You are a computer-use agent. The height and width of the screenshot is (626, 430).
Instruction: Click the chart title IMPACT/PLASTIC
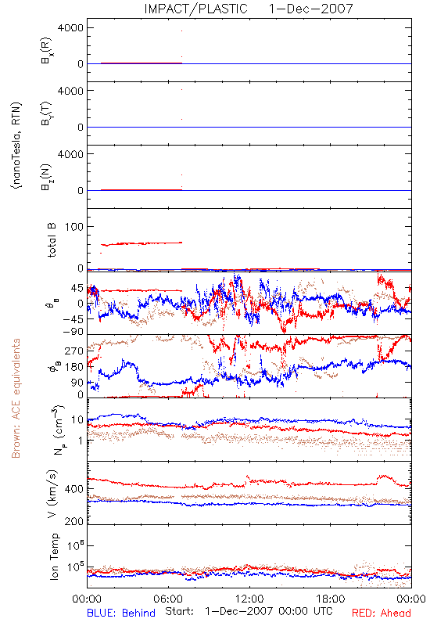tap(196, 9)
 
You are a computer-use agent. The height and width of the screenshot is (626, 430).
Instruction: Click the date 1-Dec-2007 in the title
tap(311, 9)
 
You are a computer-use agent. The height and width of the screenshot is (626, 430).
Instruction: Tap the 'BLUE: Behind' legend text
tap(121, 613)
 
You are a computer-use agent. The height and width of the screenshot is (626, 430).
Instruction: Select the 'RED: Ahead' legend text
tap(382, 613)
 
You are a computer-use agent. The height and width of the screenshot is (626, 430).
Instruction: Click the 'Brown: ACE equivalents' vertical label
tap(16, 398)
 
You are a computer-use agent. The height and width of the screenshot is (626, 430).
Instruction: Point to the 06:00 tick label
tap(168, 599)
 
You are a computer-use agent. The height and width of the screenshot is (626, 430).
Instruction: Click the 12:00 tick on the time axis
tap(249, 599)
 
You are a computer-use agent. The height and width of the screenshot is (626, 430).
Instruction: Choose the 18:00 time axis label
tap(331, 599)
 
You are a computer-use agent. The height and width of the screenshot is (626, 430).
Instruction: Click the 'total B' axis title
tap(52, 240)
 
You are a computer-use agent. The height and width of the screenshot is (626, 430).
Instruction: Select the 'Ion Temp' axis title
tap(54, 556)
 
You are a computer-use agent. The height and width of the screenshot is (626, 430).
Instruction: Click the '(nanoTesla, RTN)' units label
tap(16, 146)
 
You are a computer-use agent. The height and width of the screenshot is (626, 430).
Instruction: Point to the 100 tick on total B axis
tap(74, 227)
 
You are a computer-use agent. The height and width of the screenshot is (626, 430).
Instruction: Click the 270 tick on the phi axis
tap(74, 351)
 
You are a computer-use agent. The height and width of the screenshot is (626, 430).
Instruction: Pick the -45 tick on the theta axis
tap(72, 319)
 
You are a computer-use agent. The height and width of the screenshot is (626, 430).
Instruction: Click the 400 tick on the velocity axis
tap(74, 488)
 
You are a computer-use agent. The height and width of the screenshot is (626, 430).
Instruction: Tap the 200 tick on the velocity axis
tap(74, 521)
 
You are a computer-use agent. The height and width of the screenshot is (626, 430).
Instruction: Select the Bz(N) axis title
tap(47, 177)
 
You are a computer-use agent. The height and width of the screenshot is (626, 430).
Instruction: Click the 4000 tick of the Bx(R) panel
tap(71, 27)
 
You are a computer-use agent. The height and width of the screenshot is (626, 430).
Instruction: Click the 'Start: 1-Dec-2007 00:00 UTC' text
tap(249, 612)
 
